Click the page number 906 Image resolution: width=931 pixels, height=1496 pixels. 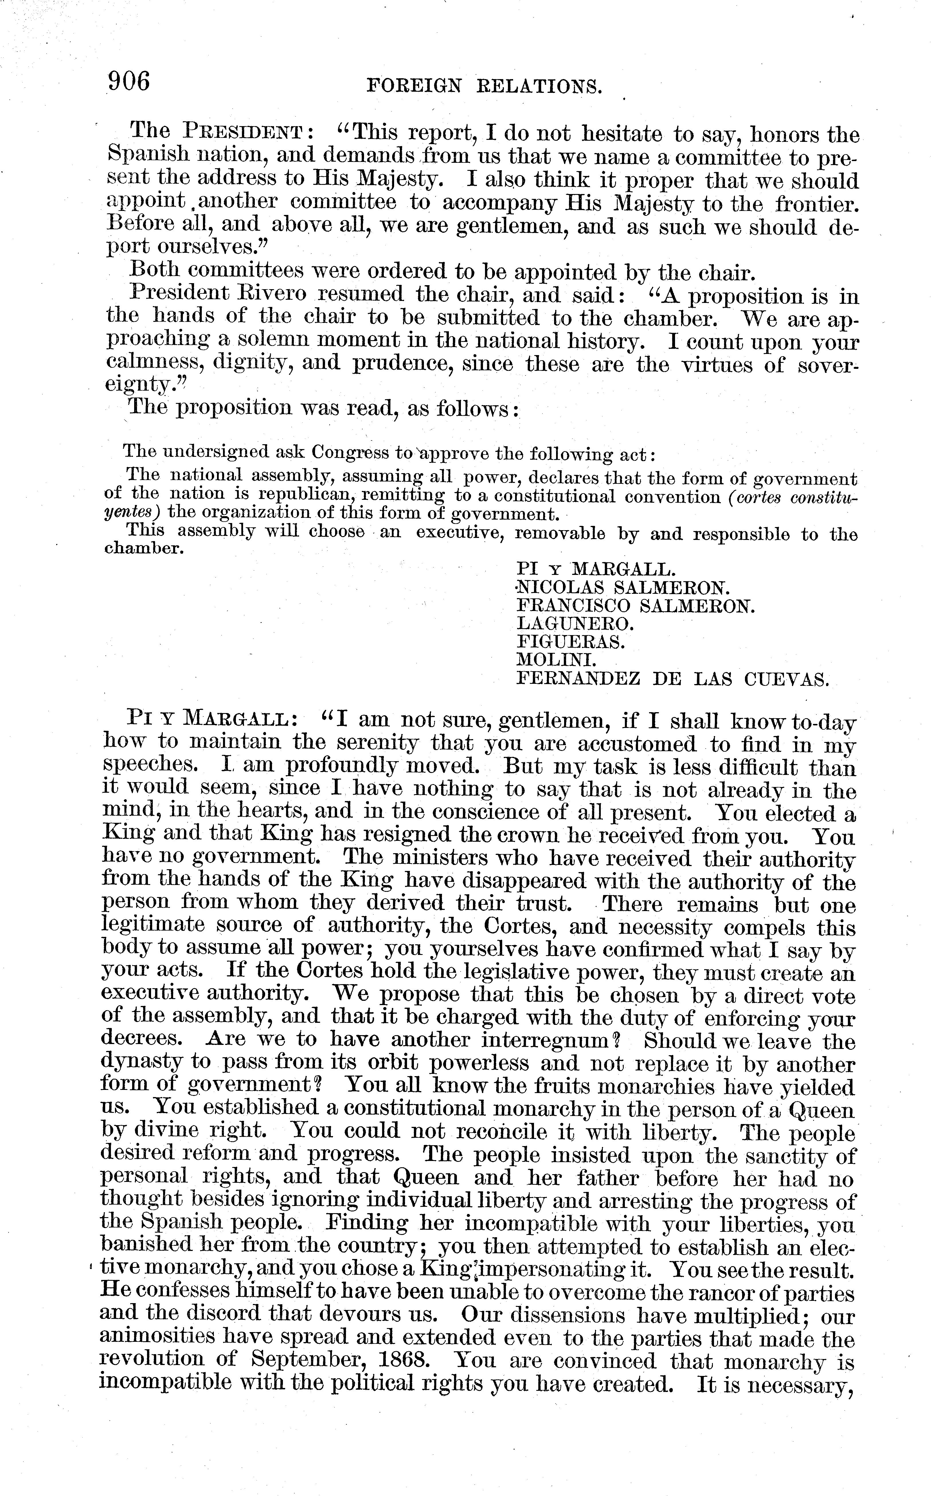point(129,81)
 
